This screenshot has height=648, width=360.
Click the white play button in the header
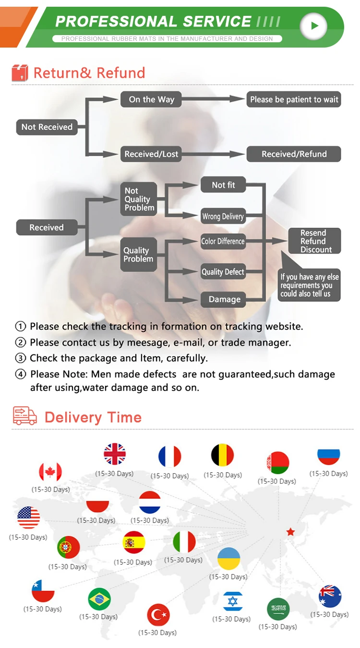point(314,25)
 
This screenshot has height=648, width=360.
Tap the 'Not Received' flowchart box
point(47,127)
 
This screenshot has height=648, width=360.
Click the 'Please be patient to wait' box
point(294,99)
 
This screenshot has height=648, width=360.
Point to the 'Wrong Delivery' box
point(223,216)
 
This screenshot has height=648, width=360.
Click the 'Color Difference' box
point(223,241)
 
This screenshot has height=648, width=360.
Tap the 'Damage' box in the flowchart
point(224,299)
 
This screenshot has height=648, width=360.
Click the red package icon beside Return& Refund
point(20,73)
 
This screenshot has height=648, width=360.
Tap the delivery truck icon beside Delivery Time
point(25,416)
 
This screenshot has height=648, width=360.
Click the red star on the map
point(290,532)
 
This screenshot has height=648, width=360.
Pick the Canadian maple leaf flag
point(50,472)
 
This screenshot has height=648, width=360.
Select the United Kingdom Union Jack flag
point(115,454)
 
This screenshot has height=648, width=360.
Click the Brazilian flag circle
point(99,599)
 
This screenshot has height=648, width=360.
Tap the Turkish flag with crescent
point(158,615)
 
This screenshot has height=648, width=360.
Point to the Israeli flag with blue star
point(233,601)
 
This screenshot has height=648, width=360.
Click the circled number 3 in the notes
point(20,358)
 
